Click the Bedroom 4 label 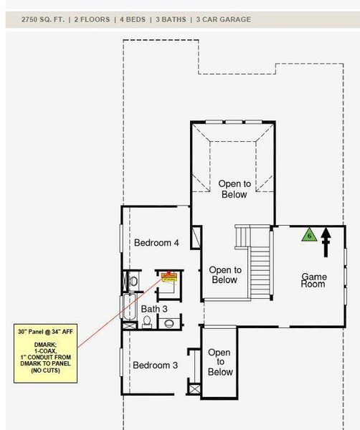click(x=156, y=243)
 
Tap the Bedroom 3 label click(x=155, y=365)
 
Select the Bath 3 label click(x=153, y=309)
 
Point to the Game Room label click(x=313, y=280)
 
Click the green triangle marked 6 click(x=309, y=234)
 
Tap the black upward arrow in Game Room click(x=327, y=242)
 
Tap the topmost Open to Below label click(x=234, y=189)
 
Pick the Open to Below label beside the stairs click(x=224, y=274)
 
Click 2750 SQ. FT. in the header click(x=35, y=19)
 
